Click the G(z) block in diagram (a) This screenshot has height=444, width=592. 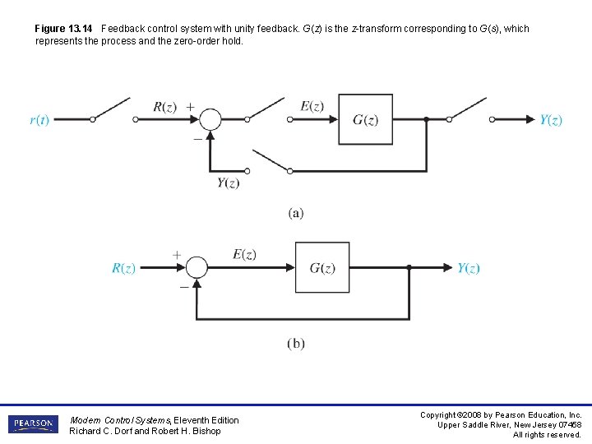pos(366,119)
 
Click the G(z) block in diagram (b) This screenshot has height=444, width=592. pos(322,268)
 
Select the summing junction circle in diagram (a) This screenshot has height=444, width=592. pos(211,119)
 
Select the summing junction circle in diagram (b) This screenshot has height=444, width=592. pos(197,268)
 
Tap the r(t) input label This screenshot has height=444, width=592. pos(39,120)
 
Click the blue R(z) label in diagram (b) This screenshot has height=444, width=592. pos(123,269)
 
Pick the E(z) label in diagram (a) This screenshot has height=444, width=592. pos(312,105)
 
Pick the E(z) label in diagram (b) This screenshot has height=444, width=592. pos(244,255)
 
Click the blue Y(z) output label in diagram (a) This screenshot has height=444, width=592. pos(551,120)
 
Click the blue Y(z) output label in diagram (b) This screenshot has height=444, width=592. pos(469,269)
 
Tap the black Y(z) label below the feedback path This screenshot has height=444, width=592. pos(228,183)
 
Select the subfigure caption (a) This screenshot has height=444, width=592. pos(296,213)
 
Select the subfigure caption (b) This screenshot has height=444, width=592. pos(296,344)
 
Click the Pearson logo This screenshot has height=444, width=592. pos(34,424)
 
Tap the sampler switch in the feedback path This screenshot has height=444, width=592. pos(271,161)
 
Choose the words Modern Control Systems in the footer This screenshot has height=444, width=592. pos(120,420)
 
